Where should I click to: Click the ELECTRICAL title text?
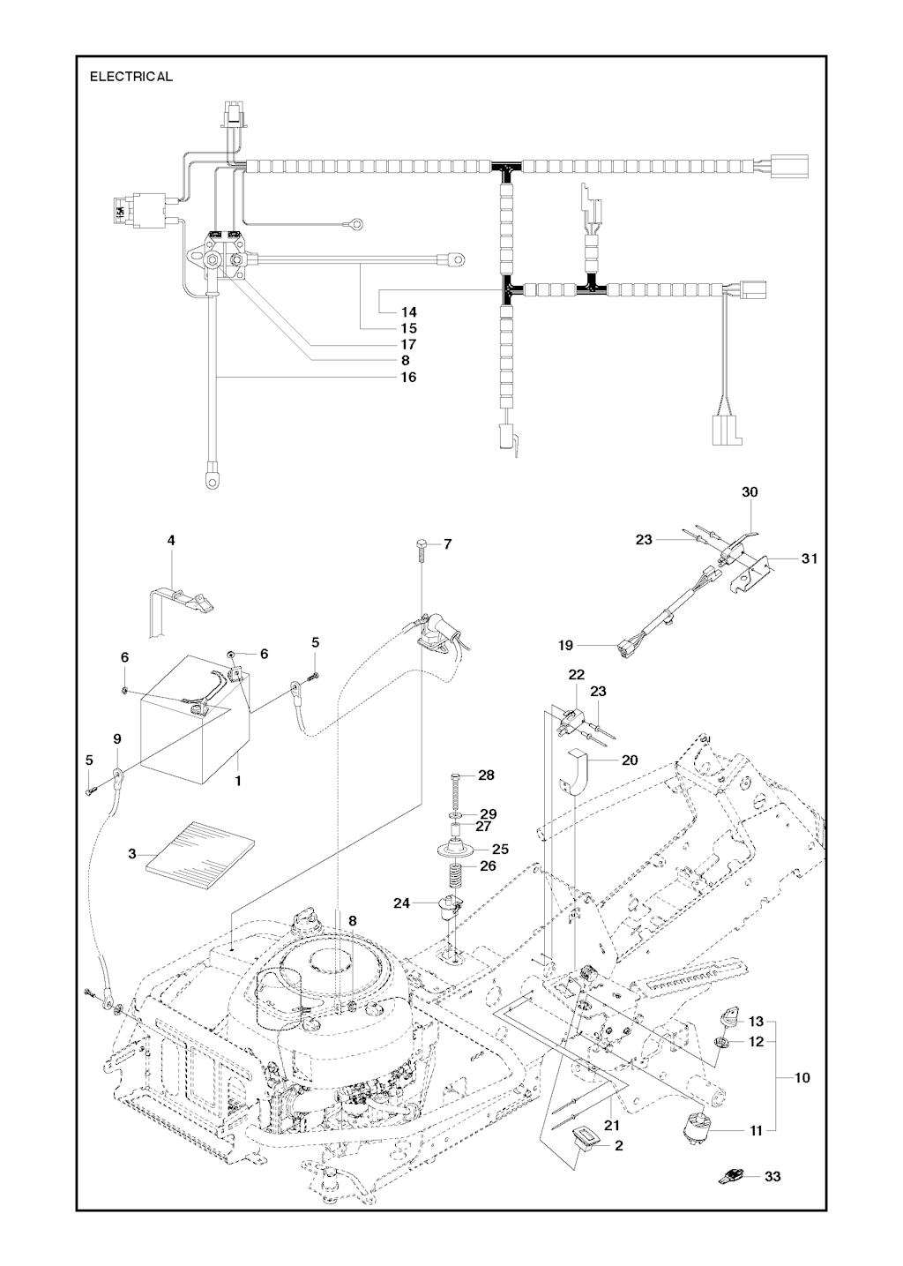pyautogui.click(x=131, y=77)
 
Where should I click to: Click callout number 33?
pyautogui.click(x=772, y=1176)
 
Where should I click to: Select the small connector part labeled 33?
pyautogui.click(x=730, y=1175)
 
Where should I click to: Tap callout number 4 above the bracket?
pyautogui.click(x=171, y=540)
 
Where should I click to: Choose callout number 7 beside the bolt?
pyautogui.click(x=447, y=544)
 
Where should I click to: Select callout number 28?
pyautogui.click(x=487, y=775)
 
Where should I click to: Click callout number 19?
pyautogui.click(x=565, y=646)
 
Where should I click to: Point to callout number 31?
pyautogui.click(x=810, y=558)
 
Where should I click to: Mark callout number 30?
pyautogui.click(x=750, y=492)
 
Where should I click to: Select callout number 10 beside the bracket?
pyautogui.click(x=802, y=1077)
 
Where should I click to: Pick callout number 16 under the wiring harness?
pyautogui.click(x=408, y=377)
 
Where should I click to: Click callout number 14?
pyautogui.click(x=408, y=311)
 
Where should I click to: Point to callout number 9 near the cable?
pyautogui.click(x=117, y=738)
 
